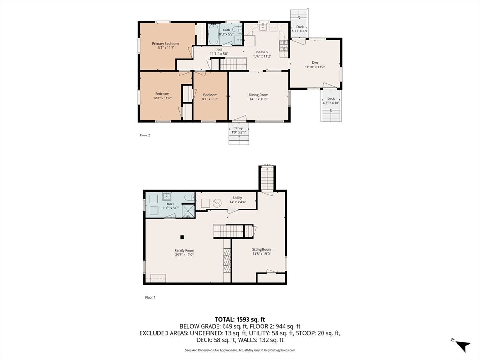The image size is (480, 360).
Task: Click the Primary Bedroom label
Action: [x=165, y=44]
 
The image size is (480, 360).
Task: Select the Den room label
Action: [x=315, y=63]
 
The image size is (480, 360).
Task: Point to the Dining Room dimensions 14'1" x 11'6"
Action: [x=258, y=99]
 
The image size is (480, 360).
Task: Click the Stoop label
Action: [x=239, y=128]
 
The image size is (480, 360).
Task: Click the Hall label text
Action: [x=219, y=50]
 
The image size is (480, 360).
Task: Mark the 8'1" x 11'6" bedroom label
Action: [x=210, y=99]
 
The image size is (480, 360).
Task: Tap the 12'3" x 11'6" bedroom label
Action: [x=162, y=98]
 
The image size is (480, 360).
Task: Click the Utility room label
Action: [x=238, y=198]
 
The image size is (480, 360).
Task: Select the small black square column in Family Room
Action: [x=182, y=237]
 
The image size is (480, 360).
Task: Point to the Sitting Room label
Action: [x=262, y=249]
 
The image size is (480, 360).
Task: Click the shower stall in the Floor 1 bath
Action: [x=188, y=210]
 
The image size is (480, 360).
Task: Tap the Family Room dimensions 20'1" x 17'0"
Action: [x=184, y=255]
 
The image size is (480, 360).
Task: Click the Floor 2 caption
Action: [x=145, y=135]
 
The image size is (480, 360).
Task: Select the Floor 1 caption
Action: [x=150, y=297]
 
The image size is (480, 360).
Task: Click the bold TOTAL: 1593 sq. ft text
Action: [x=240, y=320]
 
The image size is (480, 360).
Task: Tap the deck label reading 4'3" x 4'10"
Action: [x=331, y=103]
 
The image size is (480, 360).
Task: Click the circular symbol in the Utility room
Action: [x=217, y=202]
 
